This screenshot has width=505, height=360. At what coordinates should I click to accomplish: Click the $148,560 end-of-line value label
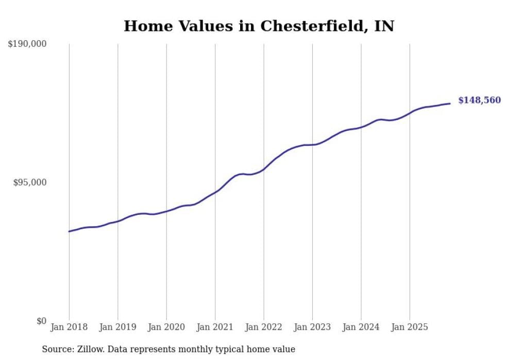coord(479,100)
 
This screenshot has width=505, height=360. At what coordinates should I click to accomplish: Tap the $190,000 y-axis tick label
coord(27,44)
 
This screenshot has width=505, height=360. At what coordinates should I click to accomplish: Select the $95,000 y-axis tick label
coord(29,182)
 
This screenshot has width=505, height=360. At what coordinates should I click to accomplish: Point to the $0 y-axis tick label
coord(41,321)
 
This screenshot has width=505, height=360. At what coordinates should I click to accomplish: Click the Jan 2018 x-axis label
coord(69,327)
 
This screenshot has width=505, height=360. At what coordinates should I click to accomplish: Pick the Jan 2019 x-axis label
coord(117,327)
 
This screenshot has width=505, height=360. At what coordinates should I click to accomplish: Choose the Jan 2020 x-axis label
coord(166,327)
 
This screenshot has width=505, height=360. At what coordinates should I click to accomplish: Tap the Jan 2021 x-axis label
coord(215,327)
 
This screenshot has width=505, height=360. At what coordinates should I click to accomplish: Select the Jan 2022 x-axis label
coord(264,327)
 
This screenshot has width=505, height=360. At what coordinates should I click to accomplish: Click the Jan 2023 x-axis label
coord(312,327)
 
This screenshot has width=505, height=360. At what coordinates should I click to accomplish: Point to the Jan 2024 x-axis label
coord(361,327)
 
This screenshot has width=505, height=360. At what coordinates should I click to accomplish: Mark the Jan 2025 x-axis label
coord(410,327)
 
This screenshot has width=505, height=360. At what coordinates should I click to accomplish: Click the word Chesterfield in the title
coord(314,26)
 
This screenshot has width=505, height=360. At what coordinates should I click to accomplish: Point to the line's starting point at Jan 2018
coord(69,231)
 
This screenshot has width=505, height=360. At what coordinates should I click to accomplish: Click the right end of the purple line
coord(450,104)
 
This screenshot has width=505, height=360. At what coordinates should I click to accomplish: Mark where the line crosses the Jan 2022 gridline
coord(264,169)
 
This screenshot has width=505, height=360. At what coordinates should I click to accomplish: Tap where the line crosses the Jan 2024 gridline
coord(361,127)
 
